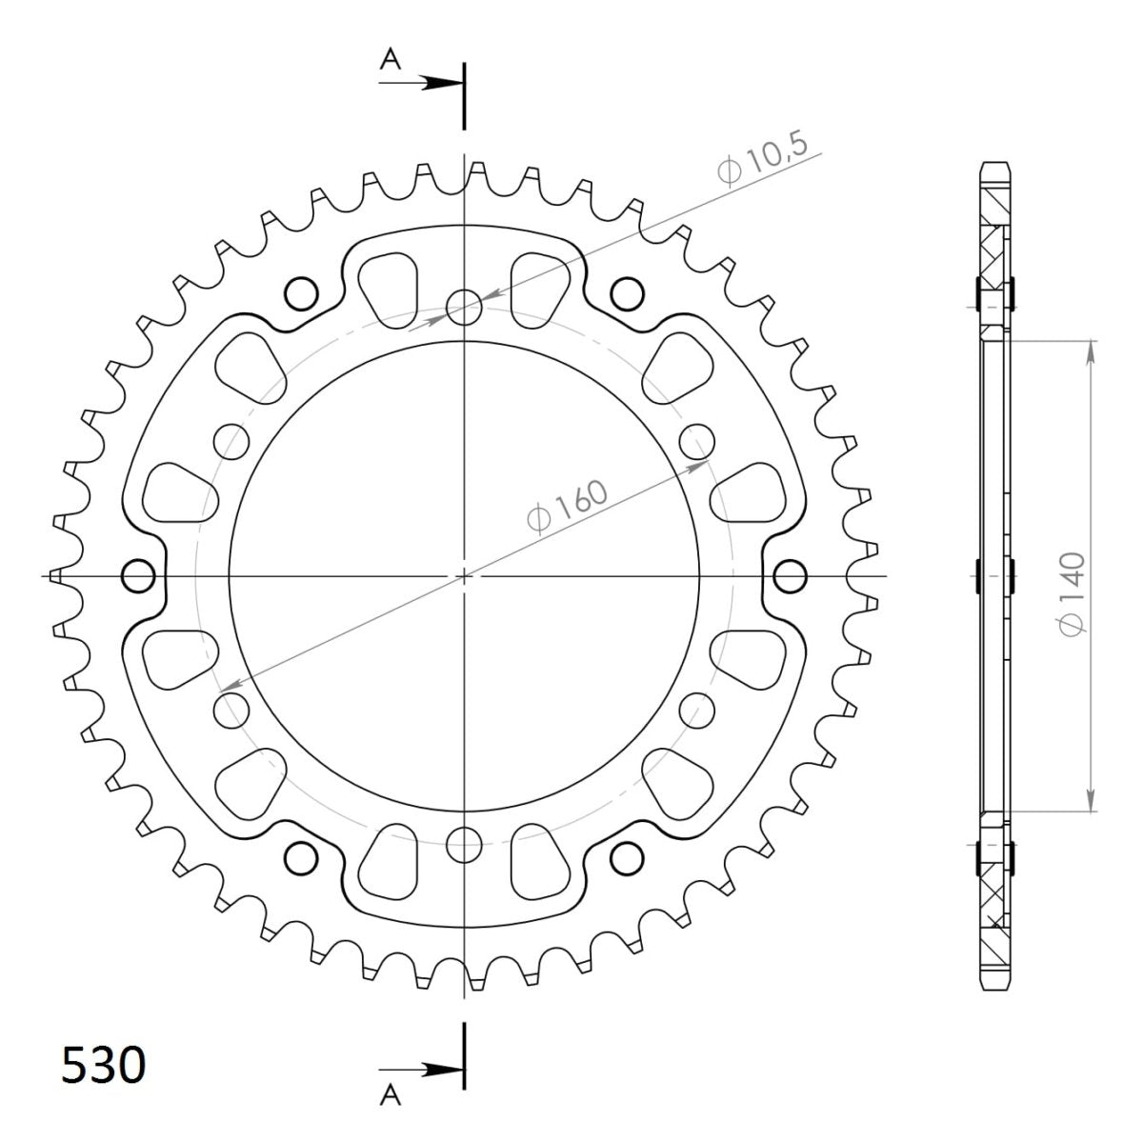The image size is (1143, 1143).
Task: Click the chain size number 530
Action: [x=104, y=1065]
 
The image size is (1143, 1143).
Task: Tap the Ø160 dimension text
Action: [x=566, y=509]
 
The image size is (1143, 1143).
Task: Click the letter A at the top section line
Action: [x=389, y=60]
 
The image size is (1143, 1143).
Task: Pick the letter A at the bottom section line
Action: [x=389, y=1097]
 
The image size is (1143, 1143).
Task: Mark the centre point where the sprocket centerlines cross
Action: [x=465, y=576]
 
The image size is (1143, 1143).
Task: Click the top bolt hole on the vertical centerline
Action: [x=465, y=306]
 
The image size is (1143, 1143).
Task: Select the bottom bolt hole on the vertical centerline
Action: [x=465, y=840]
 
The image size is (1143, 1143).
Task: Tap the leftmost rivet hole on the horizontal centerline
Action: [x=139, y=576]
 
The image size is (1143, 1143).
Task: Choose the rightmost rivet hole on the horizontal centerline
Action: [x=790, y=576]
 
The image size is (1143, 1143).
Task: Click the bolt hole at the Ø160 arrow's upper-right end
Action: [x=698, y=441]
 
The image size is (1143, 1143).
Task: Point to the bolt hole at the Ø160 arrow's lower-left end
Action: [x=231, y=710]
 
